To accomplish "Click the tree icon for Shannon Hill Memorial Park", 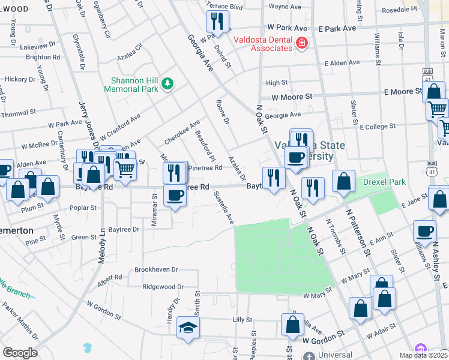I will (x=169, y=83).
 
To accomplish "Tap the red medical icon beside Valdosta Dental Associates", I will (x=301, y=43).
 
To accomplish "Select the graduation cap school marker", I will (x=188, y=328).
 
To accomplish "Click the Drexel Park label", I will (x=384, y=182).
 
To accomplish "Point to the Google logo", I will (x=20, y=353).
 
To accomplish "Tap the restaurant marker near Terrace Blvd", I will (x=217, y=22).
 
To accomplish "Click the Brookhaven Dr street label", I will (x=157, y=270).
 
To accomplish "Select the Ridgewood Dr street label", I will (x=159, y=287).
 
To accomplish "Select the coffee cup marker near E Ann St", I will (x=426, y=232).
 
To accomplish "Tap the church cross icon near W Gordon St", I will (x=308, y=356).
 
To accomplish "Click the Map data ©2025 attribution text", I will (x=423, y=355).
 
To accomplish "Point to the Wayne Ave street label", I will (x=284, y=7).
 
